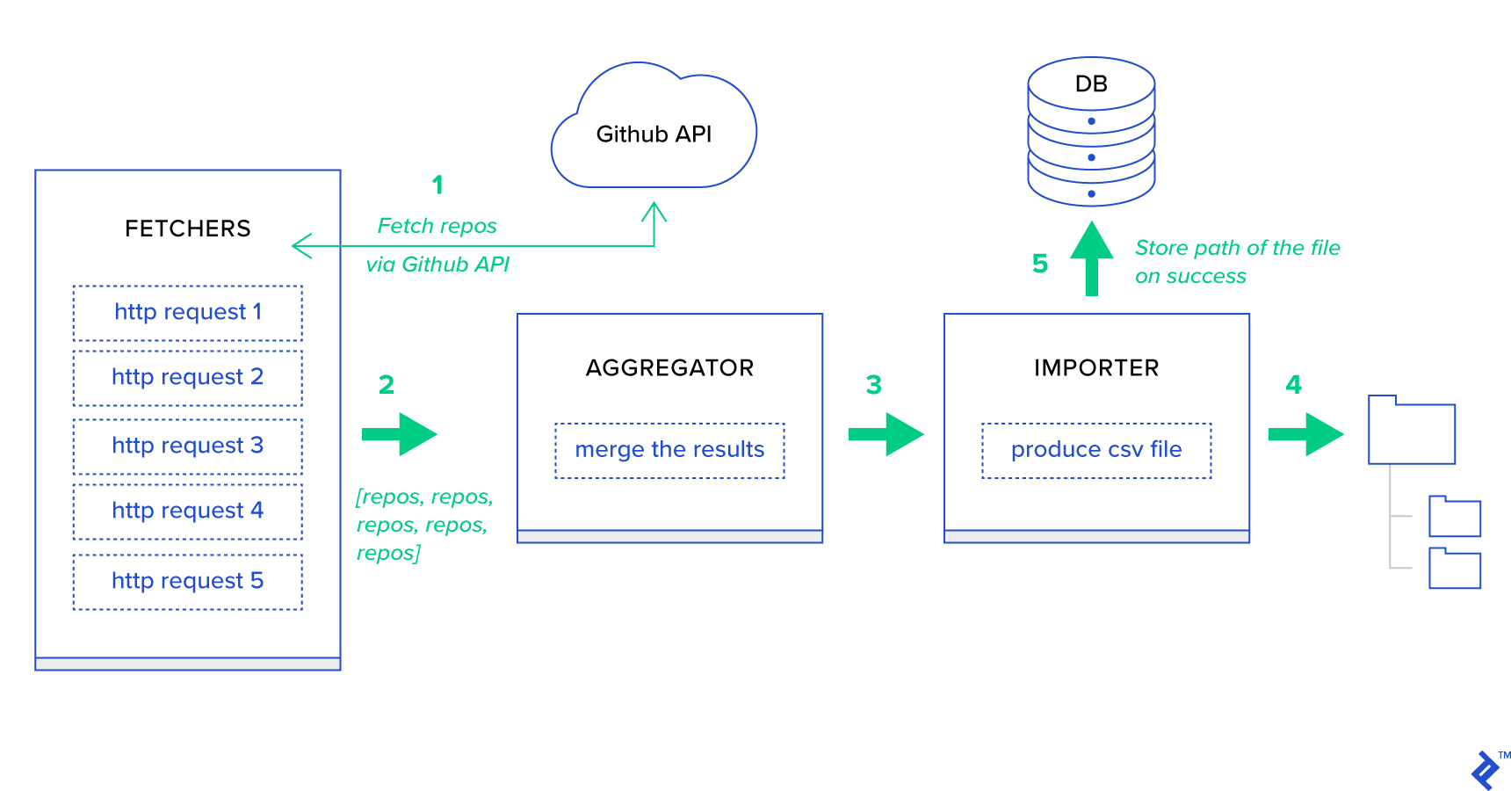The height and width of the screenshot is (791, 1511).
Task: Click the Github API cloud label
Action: point(654,134)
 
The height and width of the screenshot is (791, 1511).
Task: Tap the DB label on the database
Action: point(1091,84)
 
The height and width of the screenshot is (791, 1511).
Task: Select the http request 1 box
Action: point(187,313)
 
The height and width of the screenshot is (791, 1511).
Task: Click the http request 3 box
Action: point(187,446)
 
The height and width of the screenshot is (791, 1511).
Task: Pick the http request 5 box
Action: point(187,582)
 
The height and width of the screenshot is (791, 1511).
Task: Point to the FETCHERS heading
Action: point(187,229)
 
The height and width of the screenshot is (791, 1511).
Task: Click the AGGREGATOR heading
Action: point(669,368)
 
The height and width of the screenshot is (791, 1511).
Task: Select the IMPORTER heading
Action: point(1096,368)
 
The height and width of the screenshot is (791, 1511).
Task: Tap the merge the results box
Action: point(669,451)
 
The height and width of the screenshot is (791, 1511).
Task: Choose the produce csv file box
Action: point(1096,451)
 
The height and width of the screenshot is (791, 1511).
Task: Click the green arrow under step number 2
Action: point(401,434)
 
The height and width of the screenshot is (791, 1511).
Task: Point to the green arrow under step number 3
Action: point(886,434)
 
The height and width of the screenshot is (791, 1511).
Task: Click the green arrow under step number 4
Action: point(1306,434)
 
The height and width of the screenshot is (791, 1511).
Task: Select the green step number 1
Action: point(437,185)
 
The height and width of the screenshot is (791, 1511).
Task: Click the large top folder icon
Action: point(1412,432)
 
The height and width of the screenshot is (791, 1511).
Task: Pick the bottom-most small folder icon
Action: point(1455,569)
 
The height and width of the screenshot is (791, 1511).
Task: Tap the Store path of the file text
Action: point(1237,249)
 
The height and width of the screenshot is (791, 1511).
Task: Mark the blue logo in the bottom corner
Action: point(1486,771)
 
